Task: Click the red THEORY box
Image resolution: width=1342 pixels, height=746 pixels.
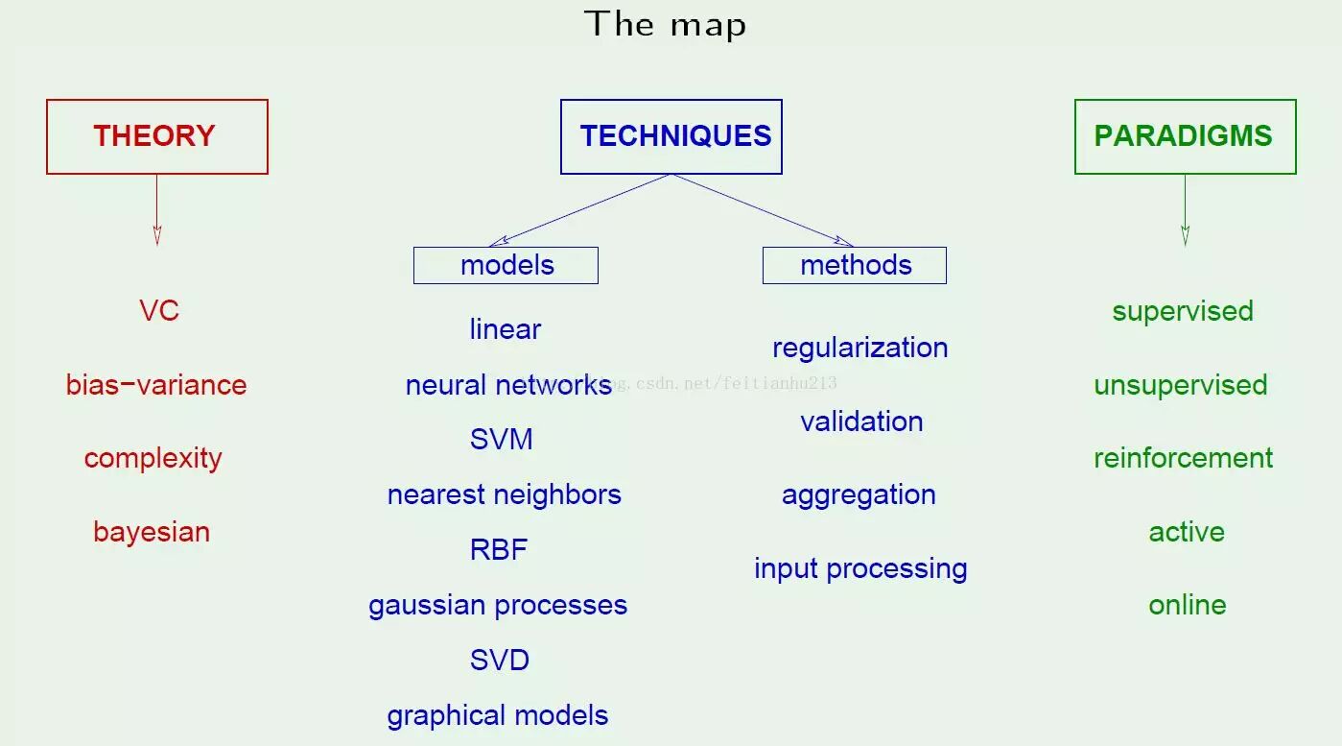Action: [x=156, y=136]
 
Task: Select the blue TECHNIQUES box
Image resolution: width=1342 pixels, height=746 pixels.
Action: [x=671, y=136]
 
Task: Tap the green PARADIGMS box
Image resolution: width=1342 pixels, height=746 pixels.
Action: [x=1185, y=136]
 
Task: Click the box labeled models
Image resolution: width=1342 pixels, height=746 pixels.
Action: [x=506, y=265]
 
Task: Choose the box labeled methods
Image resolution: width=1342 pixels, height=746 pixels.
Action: [x=854, y=265]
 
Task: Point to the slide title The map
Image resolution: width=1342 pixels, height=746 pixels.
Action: [x=665, y=24]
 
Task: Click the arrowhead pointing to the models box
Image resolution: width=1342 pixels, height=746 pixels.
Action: [x=496, y=243]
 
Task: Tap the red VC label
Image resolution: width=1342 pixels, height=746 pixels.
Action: [x=159, y=311]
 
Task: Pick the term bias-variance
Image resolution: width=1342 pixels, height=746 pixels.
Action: [x=156, y=385]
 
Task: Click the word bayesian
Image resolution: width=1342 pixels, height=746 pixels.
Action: [x=152, y=532]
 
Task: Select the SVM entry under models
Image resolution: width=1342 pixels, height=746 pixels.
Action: [x=501, y=440]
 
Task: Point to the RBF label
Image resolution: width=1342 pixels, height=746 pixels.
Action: [x=499, y=550]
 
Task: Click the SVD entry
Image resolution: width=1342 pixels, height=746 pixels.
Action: [x=500, y=661]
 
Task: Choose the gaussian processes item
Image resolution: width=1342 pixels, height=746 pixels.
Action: [x=498, y=605]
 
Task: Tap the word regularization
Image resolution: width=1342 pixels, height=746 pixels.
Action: [x=859, y=348]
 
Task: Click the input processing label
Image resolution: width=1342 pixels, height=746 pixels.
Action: [x=859, y=568]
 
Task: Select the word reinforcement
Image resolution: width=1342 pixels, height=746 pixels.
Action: [x=1183, y=458]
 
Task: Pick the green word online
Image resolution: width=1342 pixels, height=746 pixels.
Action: [x=1187, y=605]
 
